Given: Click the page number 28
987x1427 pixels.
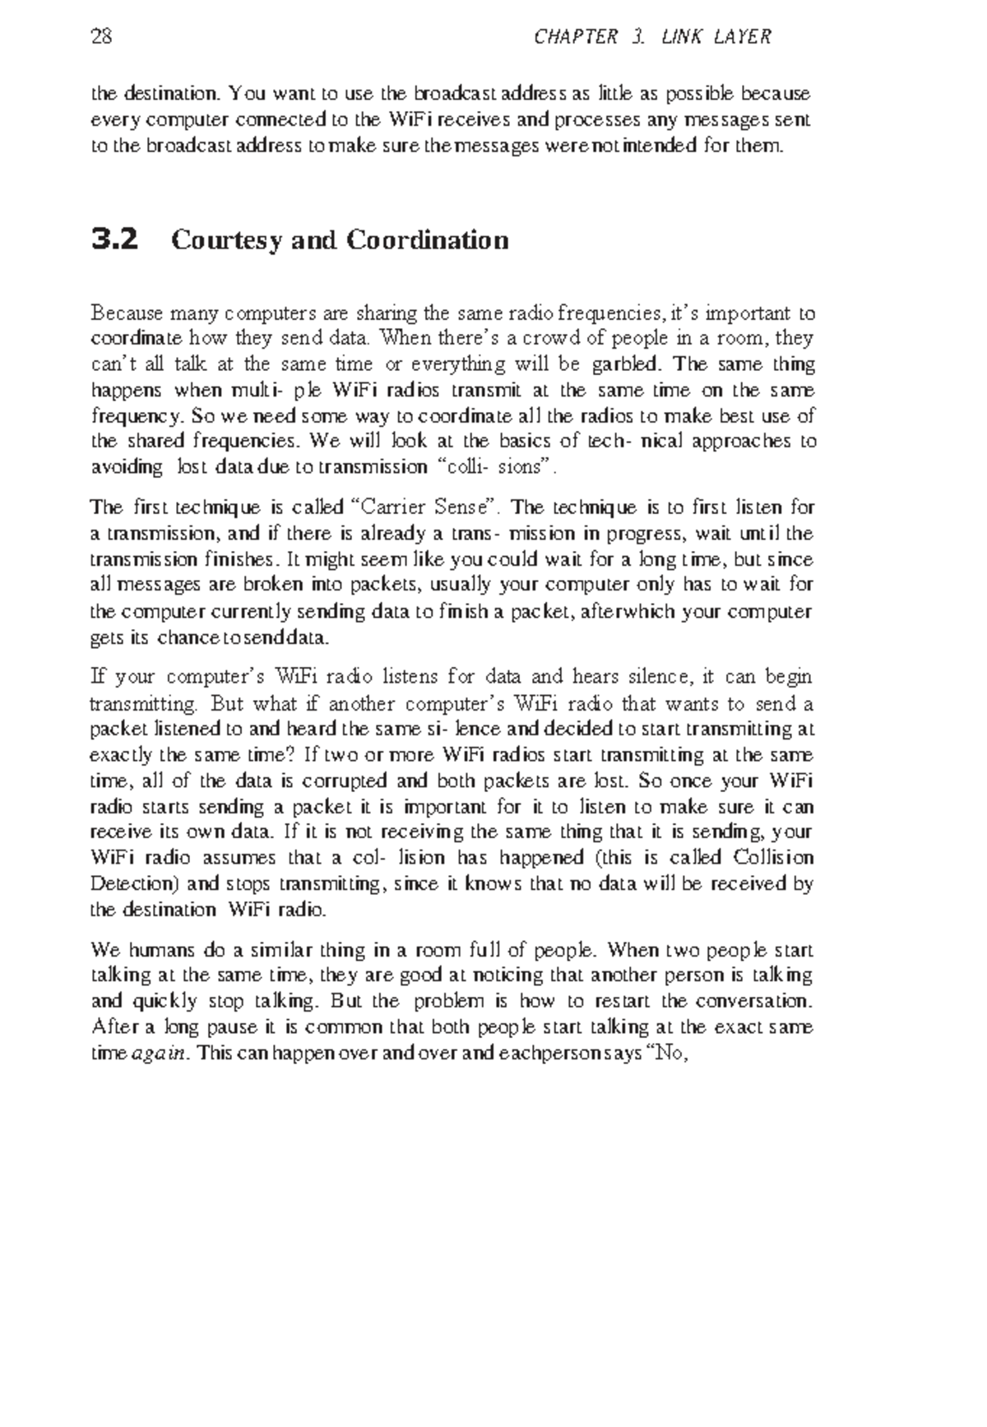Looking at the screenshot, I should click(x=101, y=37).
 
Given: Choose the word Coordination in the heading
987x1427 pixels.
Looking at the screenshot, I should click(x=427, y=240).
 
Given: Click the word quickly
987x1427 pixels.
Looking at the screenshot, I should click(x=164, y=1002).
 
